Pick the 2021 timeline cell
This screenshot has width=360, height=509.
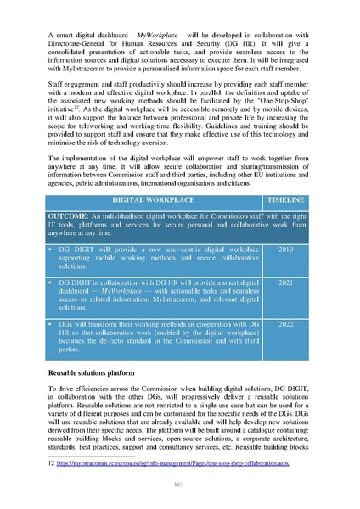coord(285,282)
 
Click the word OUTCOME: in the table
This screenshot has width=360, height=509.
coord(76,217)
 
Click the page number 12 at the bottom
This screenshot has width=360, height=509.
coord(179,484)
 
